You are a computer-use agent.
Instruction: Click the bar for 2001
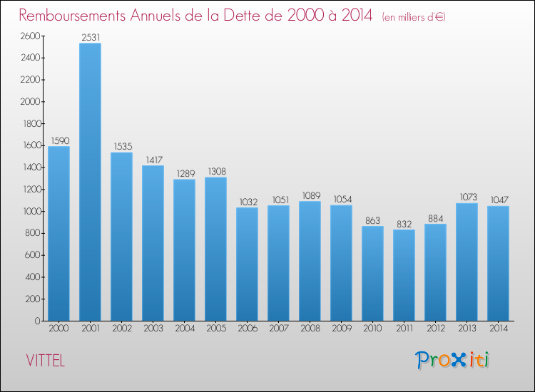pos(90,182)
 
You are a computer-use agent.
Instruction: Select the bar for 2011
pos(404,275)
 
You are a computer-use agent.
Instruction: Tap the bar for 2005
pos(215,249)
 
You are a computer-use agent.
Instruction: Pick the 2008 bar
pos(310,261)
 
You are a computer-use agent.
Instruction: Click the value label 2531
pos(90,37)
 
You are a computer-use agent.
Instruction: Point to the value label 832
pos(404,224)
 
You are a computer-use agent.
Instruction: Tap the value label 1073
pos(467,197)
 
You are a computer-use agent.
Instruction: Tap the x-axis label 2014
pos(498,329)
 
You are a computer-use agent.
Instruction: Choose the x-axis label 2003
pos(153,329)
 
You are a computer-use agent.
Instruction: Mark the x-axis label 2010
pos(372,329)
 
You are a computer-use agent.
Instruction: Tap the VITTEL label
pos(45,361)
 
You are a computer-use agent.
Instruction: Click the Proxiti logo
pos(452,359)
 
